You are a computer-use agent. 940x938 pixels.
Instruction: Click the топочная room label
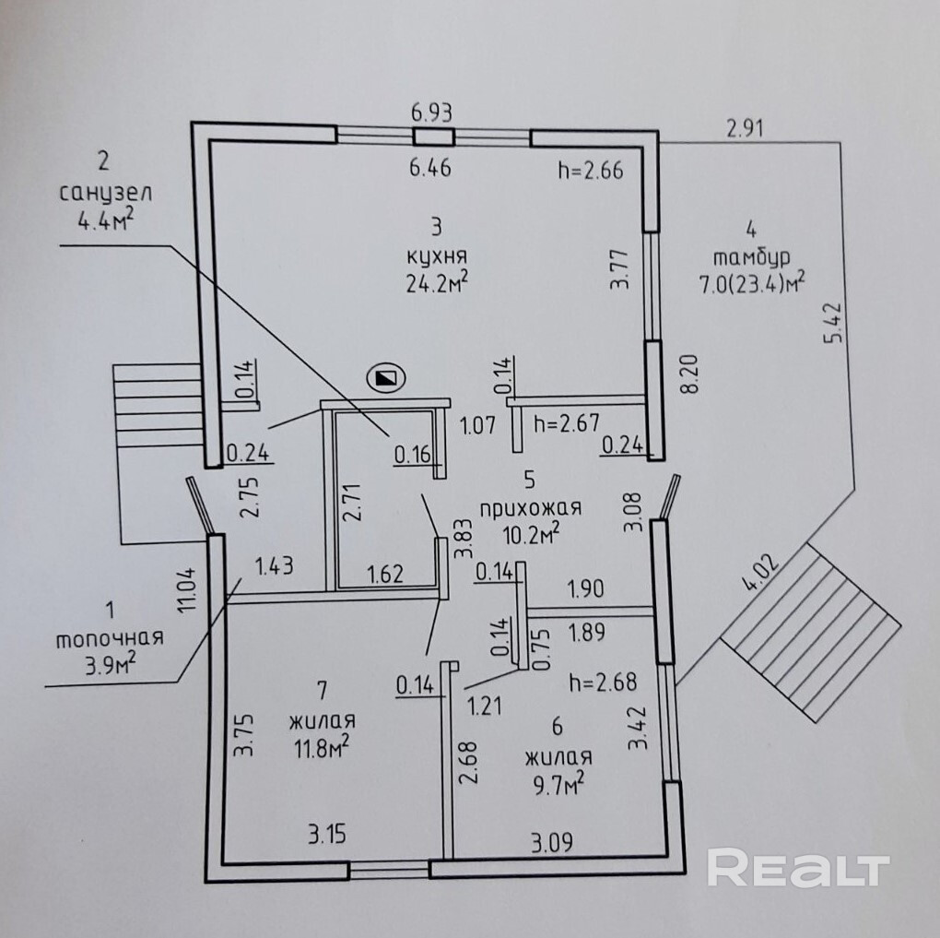click(x=110, y=638)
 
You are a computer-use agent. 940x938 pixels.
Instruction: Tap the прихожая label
click(x=529, y=507)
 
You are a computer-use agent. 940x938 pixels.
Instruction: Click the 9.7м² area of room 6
click(x=558, y=784)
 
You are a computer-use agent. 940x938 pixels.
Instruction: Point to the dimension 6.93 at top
click(x=432, y=112)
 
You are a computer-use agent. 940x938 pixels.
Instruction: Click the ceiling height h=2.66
click(x=591, y=169)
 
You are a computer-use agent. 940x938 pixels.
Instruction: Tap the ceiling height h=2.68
click(x=604, y=683)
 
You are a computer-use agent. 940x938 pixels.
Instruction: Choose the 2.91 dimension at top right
click(x=746, y=128)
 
